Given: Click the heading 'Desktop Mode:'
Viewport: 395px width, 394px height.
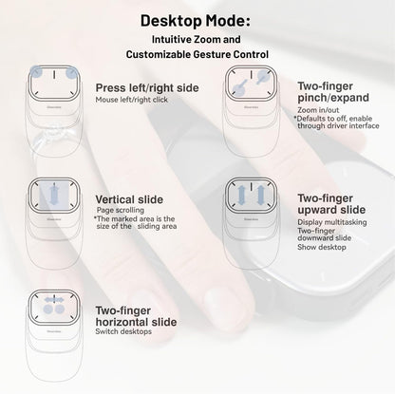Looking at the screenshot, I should point(197,19).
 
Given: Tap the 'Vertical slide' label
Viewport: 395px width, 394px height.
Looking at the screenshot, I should point(129,199).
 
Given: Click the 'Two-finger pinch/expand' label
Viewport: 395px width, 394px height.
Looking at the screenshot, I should point(313,92).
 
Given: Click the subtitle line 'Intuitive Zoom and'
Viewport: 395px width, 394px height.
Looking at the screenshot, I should point(197,40).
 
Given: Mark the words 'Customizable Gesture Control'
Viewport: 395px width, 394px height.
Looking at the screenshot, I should point(197,57).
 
